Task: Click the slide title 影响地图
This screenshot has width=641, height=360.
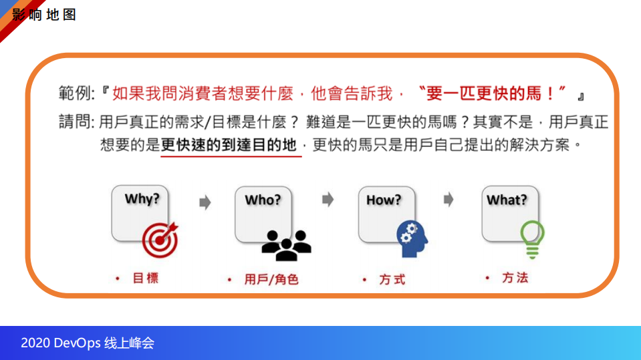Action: coord(44,15)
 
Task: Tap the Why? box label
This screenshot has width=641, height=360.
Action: coord(142,198)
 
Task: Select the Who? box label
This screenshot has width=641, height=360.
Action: coord(263,200)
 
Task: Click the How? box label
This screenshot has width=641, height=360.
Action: coord(384,200)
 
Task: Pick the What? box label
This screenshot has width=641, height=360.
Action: coord(507,200)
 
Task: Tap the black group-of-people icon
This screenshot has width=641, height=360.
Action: coord(286,245)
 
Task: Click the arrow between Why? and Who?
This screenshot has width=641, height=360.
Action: coord(205,202)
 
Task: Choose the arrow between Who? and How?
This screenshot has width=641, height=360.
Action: coord(328,200)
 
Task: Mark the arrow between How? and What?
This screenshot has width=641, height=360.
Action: coord(448,200)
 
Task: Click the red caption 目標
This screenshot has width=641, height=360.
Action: coord(146,278)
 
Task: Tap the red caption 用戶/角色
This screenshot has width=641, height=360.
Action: coord(271,279)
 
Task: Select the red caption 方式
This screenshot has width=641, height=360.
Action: coord(392,279)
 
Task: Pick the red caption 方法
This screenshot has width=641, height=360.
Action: coord(515,277)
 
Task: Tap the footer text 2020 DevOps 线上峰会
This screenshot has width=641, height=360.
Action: coord(88,343)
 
